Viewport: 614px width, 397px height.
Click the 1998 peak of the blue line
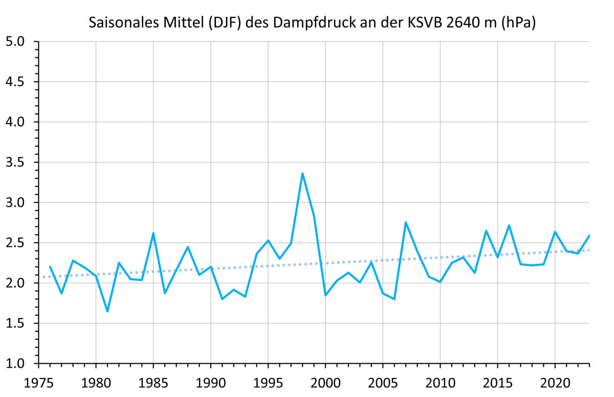[302, 173]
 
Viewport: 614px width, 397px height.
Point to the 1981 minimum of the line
[107, 311]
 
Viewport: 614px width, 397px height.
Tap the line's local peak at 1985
[153, 233]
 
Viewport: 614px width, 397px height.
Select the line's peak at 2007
[406, 222]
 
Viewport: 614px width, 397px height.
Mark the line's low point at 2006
[394, 299]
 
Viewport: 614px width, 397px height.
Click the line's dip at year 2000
[325, 295]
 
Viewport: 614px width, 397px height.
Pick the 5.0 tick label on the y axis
[18, 41]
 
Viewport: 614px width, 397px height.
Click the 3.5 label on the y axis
[18, 162]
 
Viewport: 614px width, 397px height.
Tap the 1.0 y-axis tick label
[18, 364]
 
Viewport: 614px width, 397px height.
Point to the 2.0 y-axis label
[18, 283]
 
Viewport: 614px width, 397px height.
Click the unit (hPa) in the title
[519, 23]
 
